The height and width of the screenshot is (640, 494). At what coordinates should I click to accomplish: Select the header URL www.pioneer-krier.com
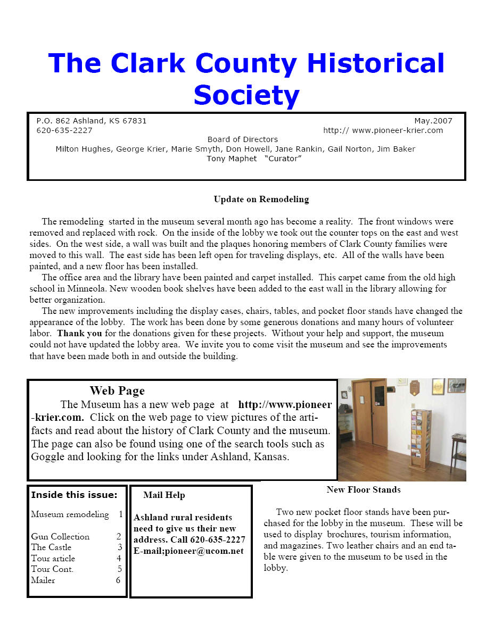click(x=397, y=130)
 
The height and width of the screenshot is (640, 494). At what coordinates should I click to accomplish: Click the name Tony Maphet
click(x=232, y=159)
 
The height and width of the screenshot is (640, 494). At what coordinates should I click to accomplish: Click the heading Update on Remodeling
click(x=261, y=200)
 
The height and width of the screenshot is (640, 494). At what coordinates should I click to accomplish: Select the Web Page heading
click(x=117, y=391)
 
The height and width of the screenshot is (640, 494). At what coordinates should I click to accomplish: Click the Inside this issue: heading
click(x=74, y=495)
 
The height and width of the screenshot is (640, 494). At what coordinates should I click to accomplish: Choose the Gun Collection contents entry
click(x=60, y=536)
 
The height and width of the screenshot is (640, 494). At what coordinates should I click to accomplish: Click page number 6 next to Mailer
click(x=118, y=580)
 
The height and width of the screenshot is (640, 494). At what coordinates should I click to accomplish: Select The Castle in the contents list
click(x=51, y=547)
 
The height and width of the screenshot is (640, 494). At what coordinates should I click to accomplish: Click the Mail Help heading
click(x=164, y=495)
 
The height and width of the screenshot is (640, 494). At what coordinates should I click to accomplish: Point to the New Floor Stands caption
click(x=364, y=489)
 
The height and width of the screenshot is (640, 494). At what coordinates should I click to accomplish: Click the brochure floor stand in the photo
click(x=421, y=439)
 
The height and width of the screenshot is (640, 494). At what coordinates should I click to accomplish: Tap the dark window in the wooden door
click(x=380, y=396)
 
